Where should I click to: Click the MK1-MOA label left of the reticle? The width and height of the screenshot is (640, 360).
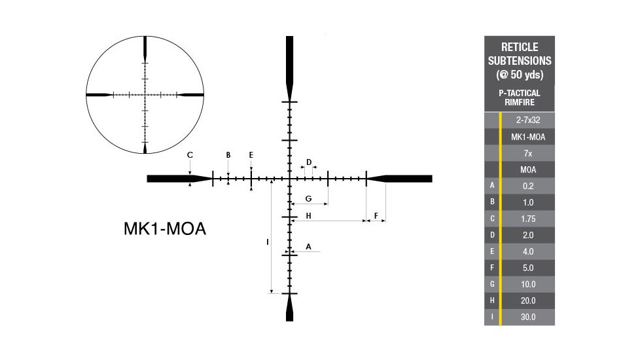(165, 229)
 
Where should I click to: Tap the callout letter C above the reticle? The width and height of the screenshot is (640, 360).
(190, 155)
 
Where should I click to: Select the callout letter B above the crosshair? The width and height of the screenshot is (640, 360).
(228, 155)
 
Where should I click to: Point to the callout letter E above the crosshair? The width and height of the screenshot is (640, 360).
(251, 155)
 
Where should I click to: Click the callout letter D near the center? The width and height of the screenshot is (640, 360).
(308, 162)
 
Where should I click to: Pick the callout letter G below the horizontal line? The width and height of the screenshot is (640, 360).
(308, 198)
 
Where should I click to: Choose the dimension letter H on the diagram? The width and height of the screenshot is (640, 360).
(308, 215)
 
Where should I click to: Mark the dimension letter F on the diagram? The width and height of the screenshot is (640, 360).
(376, 215)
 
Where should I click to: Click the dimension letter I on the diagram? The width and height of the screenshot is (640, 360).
(268, 242)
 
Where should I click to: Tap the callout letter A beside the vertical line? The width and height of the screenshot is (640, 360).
(308, 247)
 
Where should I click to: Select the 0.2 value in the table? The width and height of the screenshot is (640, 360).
(528, 186)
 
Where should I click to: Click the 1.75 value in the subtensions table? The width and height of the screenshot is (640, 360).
(528, 219)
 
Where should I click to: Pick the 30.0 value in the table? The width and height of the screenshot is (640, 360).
(528, 317)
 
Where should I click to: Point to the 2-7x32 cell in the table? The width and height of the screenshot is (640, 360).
(528, 120)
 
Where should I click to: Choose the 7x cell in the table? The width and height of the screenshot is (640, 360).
(528, 153)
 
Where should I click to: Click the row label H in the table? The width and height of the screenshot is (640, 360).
(492, 300)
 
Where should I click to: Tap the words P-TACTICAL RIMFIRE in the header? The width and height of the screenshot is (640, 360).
(519, 98)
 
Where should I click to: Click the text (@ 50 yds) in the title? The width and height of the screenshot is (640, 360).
(519, 74)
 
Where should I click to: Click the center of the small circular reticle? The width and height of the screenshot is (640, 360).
(145, 95)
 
